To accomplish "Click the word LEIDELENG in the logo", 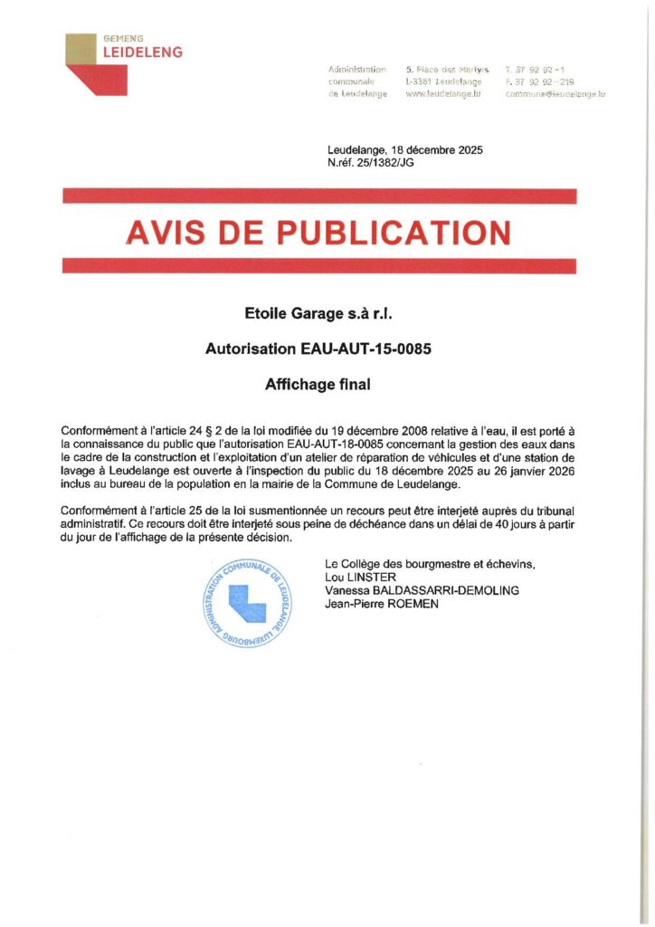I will pyautogui.click(x=141, y=53).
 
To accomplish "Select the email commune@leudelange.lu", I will pyautogui.click(x=555, y=94).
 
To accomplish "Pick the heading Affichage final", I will pyautogui.click(x=318, y=384).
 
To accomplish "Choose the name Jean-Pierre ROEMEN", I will pyautogui.click(x=381, y=605).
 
